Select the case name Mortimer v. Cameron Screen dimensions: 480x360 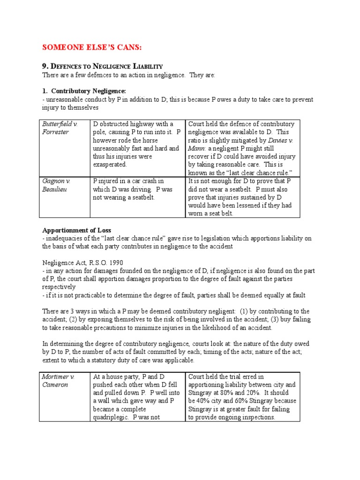click(x=59, y=380)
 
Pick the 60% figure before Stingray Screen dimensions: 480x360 click(x=252, y=401)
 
